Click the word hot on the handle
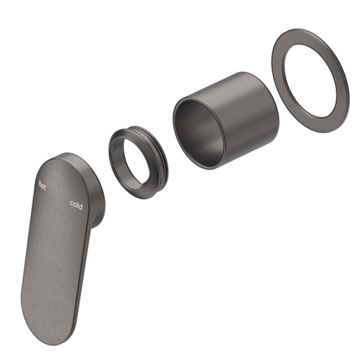coord(42,186)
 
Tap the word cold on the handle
coord(76,205)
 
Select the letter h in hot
coord(40,184)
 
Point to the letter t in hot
coord(44,188)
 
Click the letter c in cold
coord(72,203)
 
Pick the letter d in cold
coord(80,207)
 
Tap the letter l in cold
coord(77,204)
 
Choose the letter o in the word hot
coord(43,186)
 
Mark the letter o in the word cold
coord(75,204)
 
